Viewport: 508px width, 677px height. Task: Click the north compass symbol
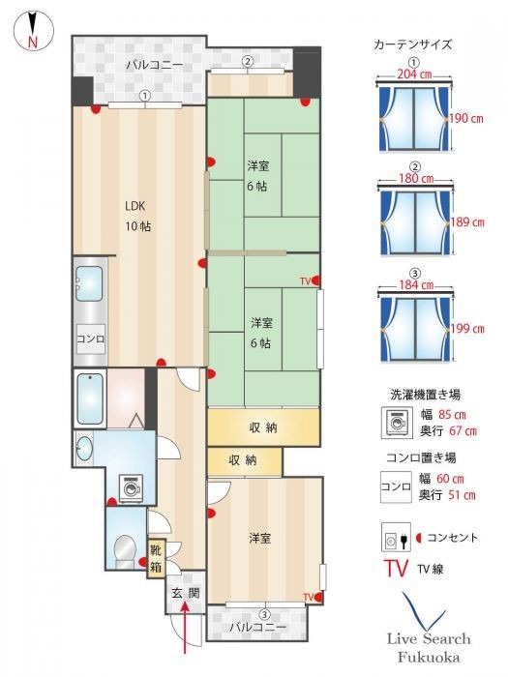pos(31,30)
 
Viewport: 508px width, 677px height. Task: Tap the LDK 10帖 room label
pos(136,216)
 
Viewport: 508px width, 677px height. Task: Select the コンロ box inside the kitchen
pos(92,340)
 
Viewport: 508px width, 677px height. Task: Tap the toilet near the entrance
pos(123,550)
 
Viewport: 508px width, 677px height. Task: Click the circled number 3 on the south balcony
pos(263,615)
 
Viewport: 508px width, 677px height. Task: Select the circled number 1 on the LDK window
pos(144,96)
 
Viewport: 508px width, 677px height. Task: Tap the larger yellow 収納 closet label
pos(263,427)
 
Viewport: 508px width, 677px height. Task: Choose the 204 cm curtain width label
pos(412,74)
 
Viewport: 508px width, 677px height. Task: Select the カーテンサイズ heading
pos(412,44)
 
